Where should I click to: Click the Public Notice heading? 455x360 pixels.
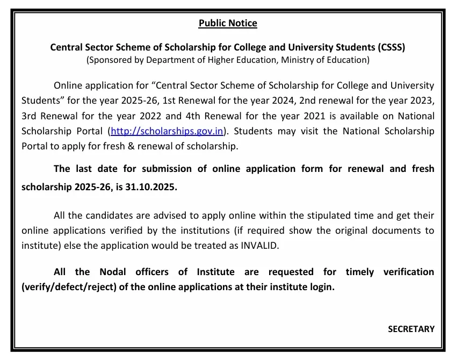228,23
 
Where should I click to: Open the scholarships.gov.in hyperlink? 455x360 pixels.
167,131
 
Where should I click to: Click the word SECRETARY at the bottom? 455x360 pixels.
411,329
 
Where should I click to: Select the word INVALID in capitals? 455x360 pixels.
261,246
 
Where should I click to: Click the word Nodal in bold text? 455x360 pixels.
113,272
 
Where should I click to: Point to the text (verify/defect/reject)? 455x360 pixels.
68,287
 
